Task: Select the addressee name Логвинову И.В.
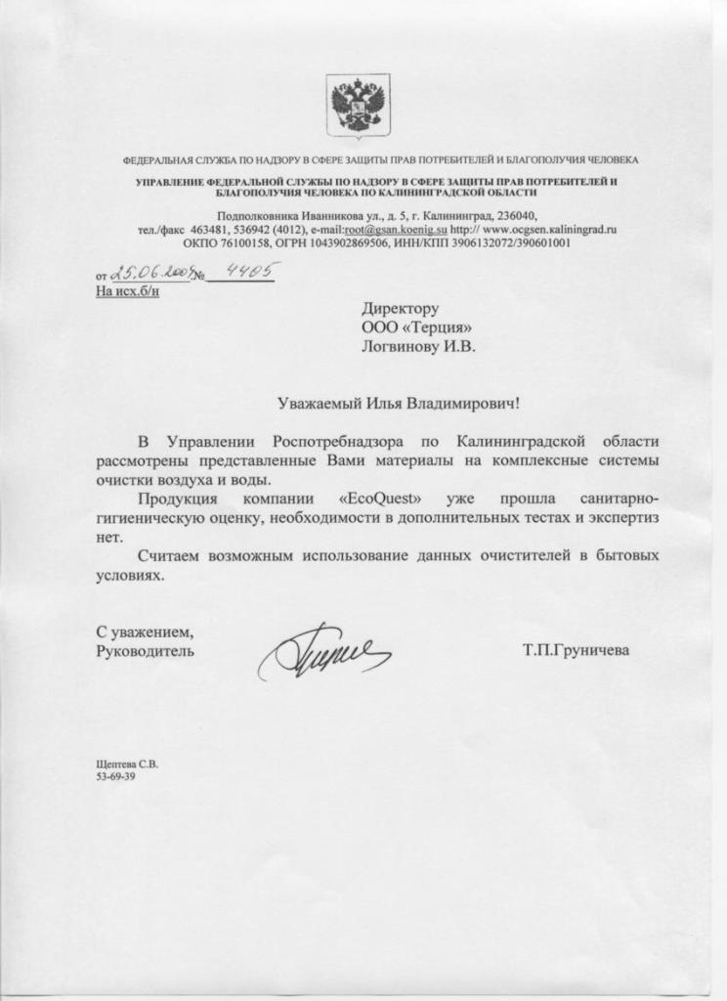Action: (x=419, y=346)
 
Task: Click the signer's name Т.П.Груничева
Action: (x=576, y=649)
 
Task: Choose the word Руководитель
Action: (x=146, y=649)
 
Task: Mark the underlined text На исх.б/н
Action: (x=127, y=291)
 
